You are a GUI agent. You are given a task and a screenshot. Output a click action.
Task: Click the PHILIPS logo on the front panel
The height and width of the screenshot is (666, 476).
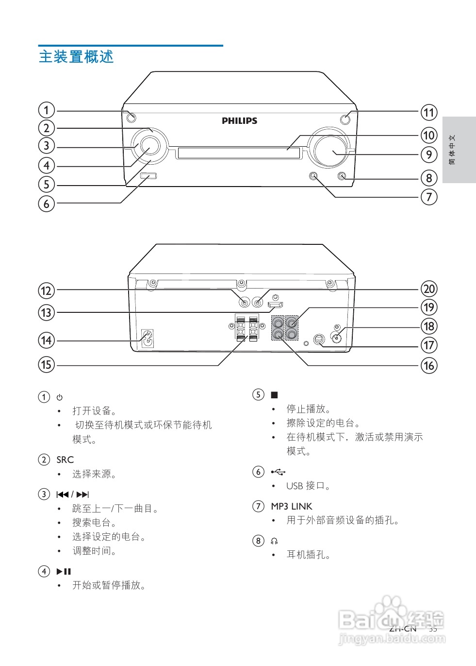coord(239,120)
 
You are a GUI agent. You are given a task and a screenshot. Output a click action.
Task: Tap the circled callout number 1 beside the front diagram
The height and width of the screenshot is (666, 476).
coord(47,110)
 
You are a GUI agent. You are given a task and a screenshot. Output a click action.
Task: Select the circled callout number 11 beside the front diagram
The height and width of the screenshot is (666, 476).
coord(429,113)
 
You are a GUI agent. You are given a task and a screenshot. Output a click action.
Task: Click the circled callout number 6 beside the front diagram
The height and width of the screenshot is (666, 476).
coord(47,203)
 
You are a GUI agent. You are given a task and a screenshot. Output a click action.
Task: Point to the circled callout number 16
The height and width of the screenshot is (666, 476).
coord(429,365)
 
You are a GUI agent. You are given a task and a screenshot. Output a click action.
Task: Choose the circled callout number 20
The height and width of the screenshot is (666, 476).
coord(429,289)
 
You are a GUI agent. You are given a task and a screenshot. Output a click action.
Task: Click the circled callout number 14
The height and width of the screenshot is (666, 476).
coord(47,340)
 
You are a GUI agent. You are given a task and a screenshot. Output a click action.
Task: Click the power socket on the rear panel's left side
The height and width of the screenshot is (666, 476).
coord(147,339)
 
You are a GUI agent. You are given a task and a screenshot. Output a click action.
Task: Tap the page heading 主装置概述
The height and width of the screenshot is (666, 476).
coord(76,57)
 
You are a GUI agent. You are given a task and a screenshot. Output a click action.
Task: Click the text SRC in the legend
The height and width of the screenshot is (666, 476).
coord(65,460)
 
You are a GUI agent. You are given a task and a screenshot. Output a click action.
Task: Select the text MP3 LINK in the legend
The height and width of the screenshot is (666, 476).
coord(291,506)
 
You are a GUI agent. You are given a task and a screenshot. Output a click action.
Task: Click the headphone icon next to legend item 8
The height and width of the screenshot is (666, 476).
coord(274,541)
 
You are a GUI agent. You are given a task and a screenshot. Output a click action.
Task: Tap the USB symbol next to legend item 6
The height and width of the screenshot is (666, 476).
coord(279,472)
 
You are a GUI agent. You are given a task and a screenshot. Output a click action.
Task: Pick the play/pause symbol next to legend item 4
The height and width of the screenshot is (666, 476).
coord(64,571)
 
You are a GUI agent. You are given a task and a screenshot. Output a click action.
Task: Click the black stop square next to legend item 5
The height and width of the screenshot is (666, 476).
coord(274,395)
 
